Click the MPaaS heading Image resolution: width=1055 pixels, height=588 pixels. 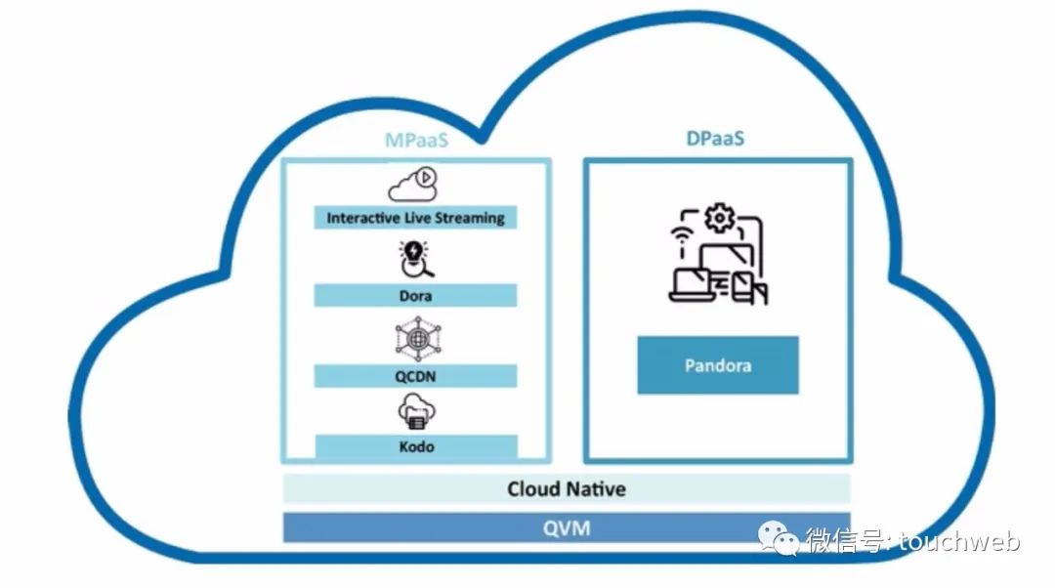point(416,140)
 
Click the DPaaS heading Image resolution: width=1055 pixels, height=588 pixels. point(715,139)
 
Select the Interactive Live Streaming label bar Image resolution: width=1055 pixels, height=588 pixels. point(415,218)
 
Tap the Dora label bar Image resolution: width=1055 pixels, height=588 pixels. point(415,296)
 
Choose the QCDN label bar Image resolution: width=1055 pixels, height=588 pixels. point(415,376)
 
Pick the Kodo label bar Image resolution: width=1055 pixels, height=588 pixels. point(416,446)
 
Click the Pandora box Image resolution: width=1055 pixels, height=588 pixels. point(718,365)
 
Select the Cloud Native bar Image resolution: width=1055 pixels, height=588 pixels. point(567,489)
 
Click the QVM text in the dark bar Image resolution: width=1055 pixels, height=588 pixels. point(567,528)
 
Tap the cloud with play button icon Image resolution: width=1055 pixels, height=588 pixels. point(413,185)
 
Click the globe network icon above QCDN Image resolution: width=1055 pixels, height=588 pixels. point(418,339)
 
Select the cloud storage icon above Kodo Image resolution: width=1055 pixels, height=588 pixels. point(416,412)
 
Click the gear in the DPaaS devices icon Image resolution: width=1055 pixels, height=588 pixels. point(719,218)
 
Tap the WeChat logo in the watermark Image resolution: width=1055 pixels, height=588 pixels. point(779,538)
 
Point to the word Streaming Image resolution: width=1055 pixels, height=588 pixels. point(470,218)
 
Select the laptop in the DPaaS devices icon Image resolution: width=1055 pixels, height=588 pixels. point(689,284)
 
